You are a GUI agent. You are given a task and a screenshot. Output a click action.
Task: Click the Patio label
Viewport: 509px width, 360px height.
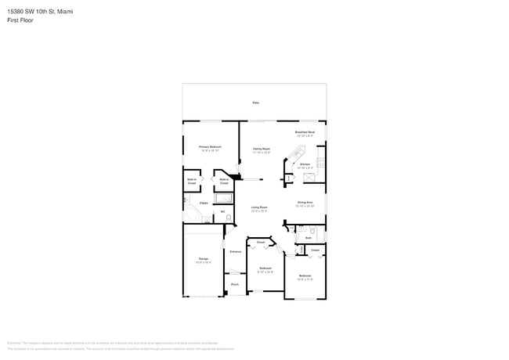255,103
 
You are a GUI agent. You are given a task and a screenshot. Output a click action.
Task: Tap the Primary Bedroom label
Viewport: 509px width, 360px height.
210,147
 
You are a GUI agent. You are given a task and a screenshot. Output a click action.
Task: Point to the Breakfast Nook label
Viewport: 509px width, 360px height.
305,134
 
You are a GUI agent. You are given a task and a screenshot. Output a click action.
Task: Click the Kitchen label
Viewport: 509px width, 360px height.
305,165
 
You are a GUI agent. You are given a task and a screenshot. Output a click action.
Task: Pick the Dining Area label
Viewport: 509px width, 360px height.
305,204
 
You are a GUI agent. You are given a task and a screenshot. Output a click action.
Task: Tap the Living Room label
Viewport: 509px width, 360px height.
258,209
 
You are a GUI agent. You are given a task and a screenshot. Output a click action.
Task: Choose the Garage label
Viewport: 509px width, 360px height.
203,260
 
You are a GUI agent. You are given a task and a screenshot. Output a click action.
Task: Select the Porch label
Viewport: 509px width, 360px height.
234,284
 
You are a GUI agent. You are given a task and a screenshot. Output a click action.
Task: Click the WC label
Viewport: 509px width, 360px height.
222,211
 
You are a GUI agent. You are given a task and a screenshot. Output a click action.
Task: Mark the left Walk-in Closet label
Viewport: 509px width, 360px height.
192,181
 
